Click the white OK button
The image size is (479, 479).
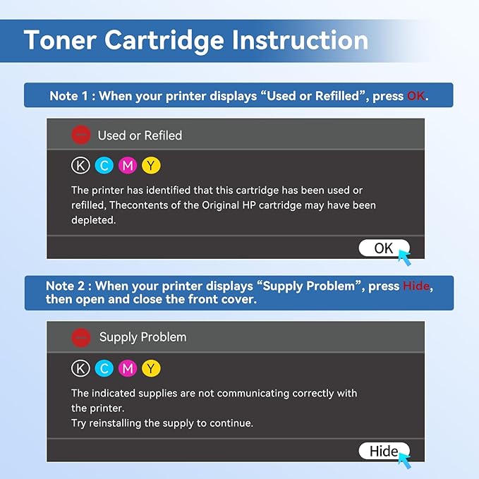(x=382, y=248)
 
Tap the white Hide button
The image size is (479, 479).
(x=383, y=451)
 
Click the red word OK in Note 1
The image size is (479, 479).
(x=416, y=96)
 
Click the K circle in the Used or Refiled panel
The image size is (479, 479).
(x=81, y=166)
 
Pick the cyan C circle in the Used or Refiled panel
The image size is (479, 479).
(x=104, y=166)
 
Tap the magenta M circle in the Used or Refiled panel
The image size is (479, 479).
(x=128, y=166)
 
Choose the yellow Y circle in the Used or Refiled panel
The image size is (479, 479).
(x=151, y=166)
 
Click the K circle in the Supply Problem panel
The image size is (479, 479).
(x=81, y=368)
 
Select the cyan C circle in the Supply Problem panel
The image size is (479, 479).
(x=104, y=368)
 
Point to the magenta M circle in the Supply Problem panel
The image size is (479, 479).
(x=128, y=368)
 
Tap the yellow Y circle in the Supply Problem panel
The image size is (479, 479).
(x=151, y=368)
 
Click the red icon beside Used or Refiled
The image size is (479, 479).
(x=81, y=135)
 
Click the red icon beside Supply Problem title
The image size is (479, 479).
(x=81, y=337)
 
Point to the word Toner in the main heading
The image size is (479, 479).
(x=61, y=40)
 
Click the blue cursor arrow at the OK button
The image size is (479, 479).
(x=404, y=256)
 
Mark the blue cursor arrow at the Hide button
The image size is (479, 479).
(x=404, y=459)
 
